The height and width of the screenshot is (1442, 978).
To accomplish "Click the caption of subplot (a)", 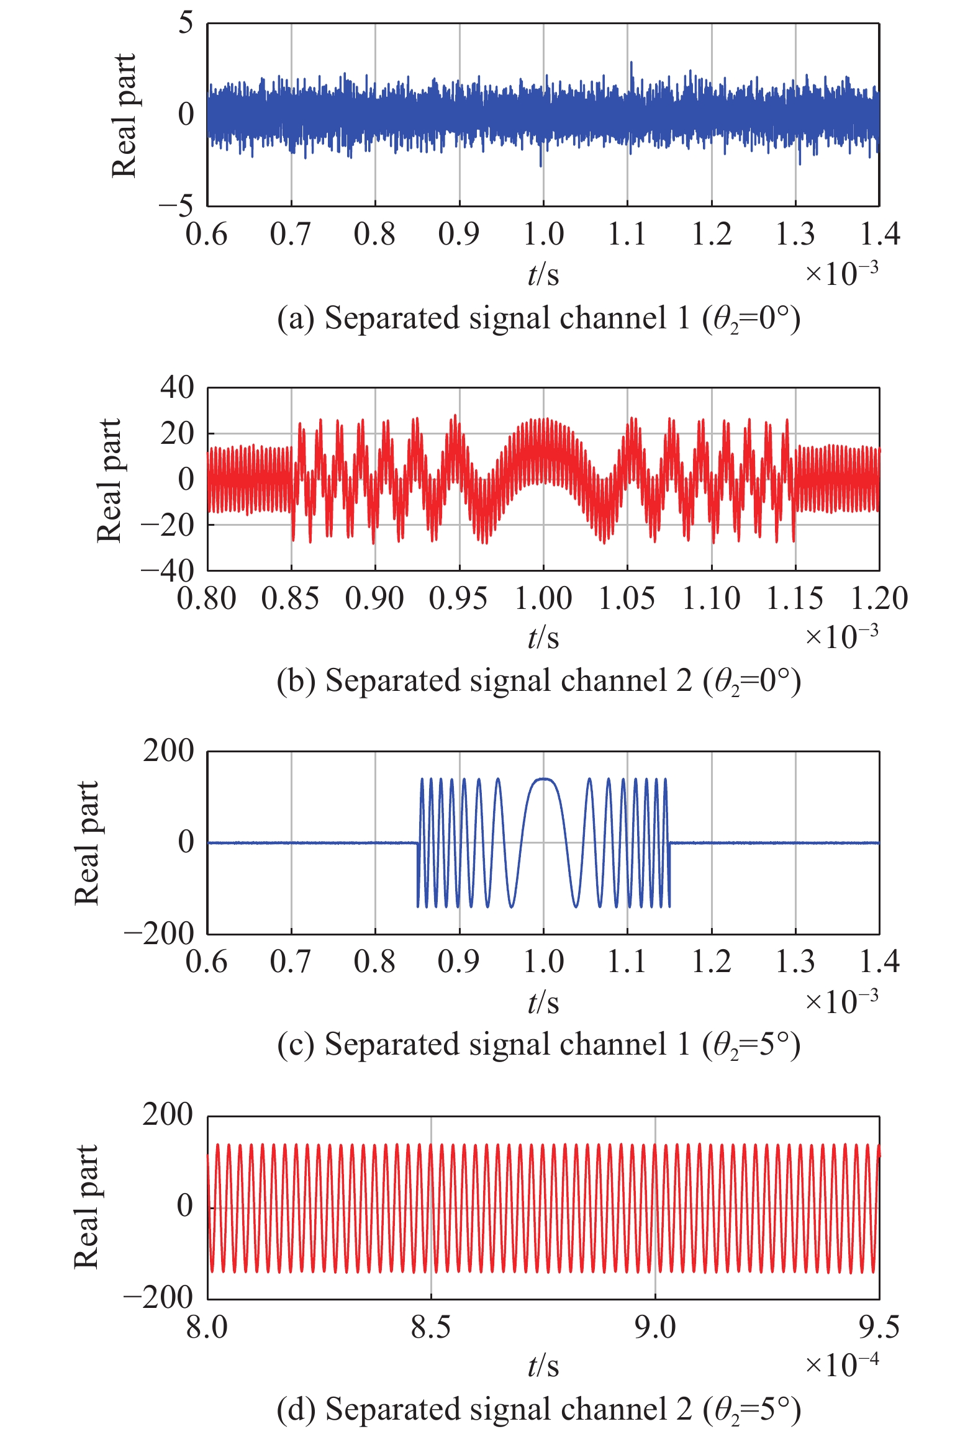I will pos(538,318).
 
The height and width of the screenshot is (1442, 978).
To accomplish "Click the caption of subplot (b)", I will pos(538,681).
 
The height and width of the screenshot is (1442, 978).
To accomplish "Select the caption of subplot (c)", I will pos(538,1044).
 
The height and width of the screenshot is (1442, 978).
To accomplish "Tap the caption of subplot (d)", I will pos(538,1408).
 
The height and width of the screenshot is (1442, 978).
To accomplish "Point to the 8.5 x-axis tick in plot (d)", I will pos(431,1328).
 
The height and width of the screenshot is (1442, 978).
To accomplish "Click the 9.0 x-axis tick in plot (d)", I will pos(655,1328).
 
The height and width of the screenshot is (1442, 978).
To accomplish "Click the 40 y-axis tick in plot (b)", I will pos(177,388).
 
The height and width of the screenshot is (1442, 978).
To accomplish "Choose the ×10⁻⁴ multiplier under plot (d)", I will pos(842,1364).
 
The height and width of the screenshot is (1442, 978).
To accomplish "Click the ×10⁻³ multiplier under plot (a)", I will pos(842,273).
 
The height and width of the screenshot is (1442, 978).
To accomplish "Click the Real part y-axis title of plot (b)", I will pos(109,480).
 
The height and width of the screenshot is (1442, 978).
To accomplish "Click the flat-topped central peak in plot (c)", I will pos(544,780).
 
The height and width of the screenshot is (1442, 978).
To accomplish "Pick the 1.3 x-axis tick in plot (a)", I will pos(795,235).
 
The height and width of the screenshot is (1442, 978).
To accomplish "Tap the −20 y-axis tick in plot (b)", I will pos(167,525).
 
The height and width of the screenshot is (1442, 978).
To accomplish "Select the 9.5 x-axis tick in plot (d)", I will pos(879,1328).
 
